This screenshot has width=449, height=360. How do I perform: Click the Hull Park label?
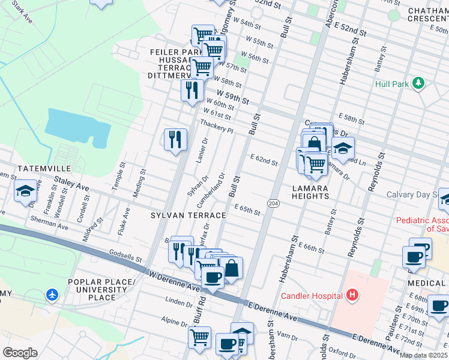(391, 85)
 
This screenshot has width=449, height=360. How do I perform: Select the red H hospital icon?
(352, 295)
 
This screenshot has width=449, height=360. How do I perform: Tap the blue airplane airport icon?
(52, 295)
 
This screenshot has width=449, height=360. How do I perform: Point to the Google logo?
(20, 353)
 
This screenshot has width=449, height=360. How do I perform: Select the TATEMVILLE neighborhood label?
(44, 169)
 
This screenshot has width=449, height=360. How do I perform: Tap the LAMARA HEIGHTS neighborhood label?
(310, 192)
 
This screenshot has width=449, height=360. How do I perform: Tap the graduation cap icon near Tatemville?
(26, 191)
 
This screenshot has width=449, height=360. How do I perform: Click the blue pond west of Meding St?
(77, 127)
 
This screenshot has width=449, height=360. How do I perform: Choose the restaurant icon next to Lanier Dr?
(175, 140)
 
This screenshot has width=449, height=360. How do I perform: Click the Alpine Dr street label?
(174, 322)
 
